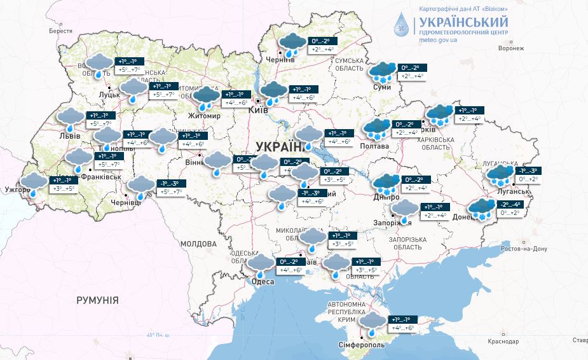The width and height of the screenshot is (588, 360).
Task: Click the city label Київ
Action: point(258,109)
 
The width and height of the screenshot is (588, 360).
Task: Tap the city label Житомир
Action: point(204,116)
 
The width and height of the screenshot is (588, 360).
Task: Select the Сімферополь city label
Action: point(361,344)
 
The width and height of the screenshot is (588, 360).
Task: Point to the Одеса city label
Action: point(263,281)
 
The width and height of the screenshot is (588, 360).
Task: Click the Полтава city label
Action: point(375,146)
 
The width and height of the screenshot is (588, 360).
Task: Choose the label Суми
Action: point(382,87)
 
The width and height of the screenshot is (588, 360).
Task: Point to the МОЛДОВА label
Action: point(198,244)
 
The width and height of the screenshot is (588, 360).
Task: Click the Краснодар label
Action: point(503,342)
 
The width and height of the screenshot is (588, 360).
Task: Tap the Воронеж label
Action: point(511,48)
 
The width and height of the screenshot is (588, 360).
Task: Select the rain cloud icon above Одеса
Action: point(261,263)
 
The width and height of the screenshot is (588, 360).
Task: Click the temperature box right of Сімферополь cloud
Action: point(404,324)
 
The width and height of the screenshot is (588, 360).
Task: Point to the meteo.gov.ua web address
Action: point(439,40)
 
